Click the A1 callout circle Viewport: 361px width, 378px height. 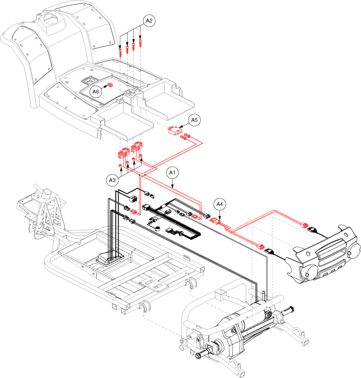[x=173, y=173]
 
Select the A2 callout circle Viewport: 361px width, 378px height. [x=149, y=21]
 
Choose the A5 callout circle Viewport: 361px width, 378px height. [x=194, y=120]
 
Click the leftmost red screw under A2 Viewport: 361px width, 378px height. [x=121, y=53]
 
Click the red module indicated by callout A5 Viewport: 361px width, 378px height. [x=176, y=131]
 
